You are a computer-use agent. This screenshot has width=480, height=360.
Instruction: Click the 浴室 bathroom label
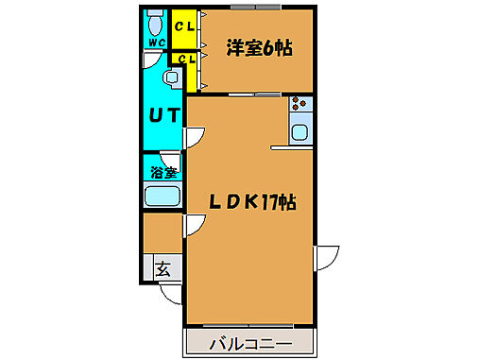pyautogui.click(x=163, y=172)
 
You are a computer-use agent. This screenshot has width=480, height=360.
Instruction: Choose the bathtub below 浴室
pyautogui.click(x=162, y=197)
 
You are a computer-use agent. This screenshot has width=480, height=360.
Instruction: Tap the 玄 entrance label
pyautogui.click(x=163, y=269)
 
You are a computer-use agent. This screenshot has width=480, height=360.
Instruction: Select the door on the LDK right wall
pyautogui.click(x=326, y=255)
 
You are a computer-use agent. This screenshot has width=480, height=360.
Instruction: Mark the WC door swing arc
pyautogui.click(x=150, y=59)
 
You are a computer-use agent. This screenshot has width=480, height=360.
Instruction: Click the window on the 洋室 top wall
pyautogui.click(x=256, y=7)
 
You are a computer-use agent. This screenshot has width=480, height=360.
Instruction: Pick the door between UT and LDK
pyautogui.click(x=193, y=137)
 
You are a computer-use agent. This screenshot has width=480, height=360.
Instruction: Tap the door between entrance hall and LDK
pyautogui.click(x=193, y=224)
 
